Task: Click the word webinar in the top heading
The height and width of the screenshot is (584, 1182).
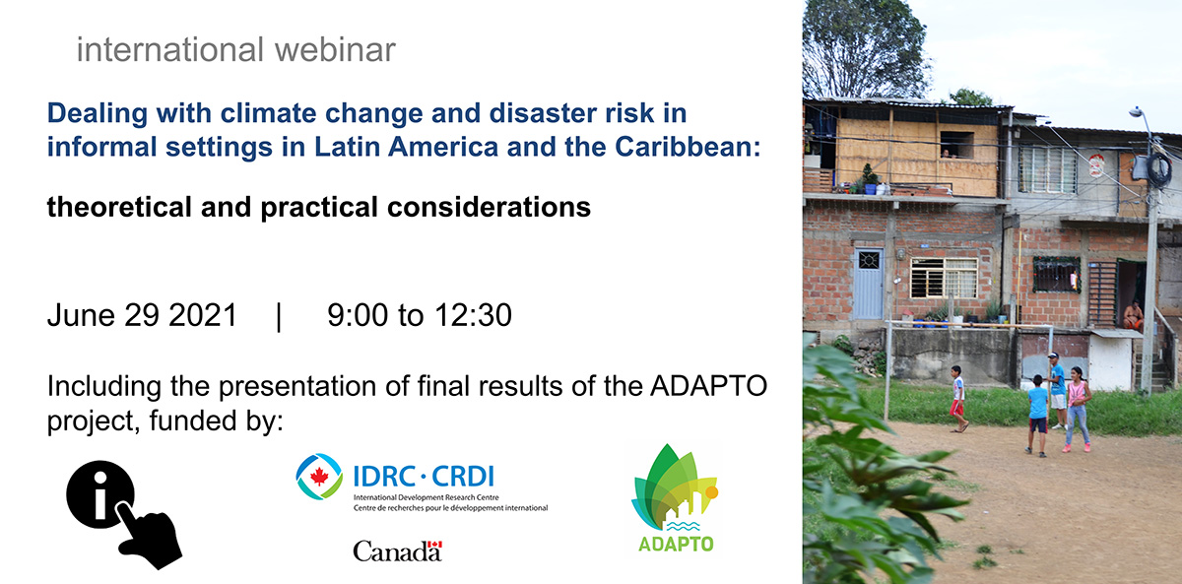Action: coord(335,49)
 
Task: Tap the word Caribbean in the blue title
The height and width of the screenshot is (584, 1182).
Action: coord(688,146)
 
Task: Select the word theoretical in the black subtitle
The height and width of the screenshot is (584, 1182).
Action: coord(119,206)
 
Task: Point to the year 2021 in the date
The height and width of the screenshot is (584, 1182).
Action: coord(203,315)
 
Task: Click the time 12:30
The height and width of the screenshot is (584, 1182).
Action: coord(474,315)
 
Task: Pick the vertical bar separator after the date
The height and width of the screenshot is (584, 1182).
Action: coord(279,316)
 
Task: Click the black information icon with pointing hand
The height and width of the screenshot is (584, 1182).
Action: coord(124,514)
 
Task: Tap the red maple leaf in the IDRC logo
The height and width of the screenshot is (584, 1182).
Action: coord(319,477)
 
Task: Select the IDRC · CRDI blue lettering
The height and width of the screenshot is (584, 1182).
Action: coord(424,476)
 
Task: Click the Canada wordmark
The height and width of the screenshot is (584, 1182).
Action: coord(397,552)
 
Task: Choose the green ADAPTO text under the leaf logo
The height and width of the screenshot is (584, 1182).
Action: coord(676,544)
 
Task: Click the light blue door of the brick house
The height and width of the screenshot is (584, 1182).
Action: coord(868,284)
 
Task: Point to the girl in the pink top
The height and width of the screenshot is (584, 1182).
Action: coord(1077,410)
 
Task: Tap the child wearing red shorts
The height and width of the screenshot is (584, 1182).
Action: coord(958,399)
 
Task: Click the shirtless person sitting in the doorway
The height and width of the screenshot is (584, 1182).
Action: coord(1133,315)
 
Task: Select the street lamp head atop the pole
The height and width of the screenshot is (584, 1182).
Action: coord(1136,112)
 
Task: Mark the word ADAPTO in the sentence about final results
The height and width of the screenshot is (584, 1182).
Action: coord(708,386)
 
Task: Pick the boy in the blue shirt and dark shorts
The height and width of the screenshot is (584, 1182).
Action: coord(1037,416)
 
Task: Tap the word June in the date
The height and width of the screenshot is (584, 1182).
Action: coord(81,315)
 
